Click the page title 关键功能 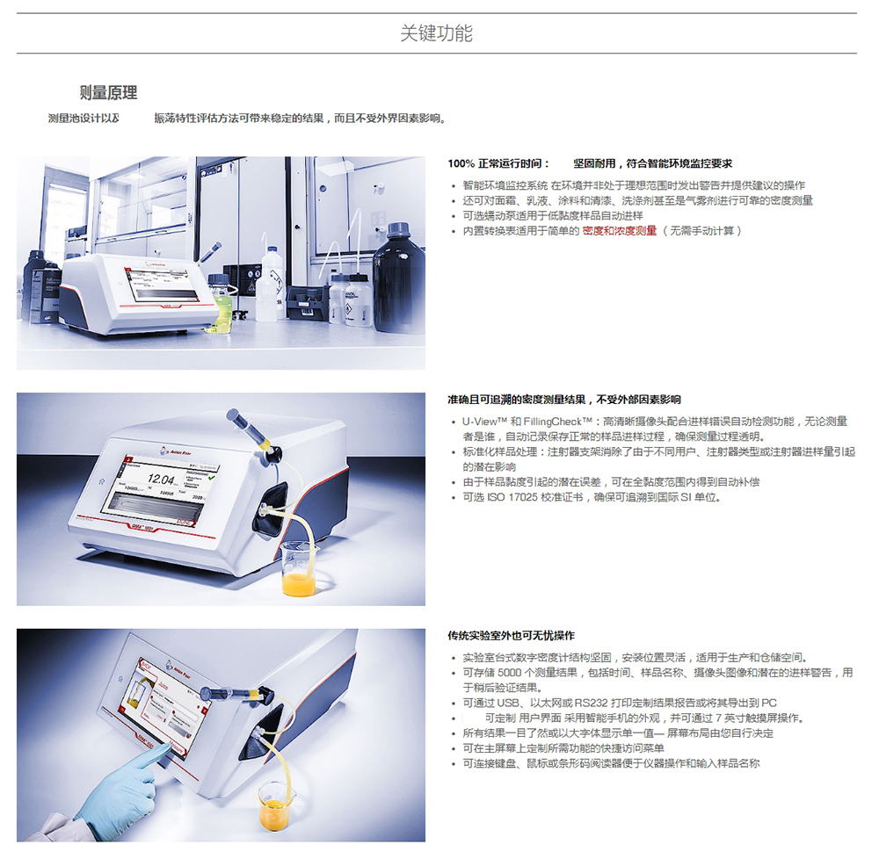pos(436,33)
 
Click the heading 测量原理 pos(108,92)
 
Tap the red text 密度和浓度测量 pos(620,231)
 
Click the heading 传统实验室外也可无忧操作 pos(512,636)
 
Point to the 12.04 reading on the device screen pos(162,479)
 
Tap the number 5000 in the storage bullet pos(510,673)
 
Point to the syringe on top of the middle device pos(251,430)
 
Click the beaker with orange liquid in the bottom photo pos(277,807)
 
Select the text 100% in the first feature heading pos(461,163)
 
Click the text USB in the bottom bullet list pos(508,703)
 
